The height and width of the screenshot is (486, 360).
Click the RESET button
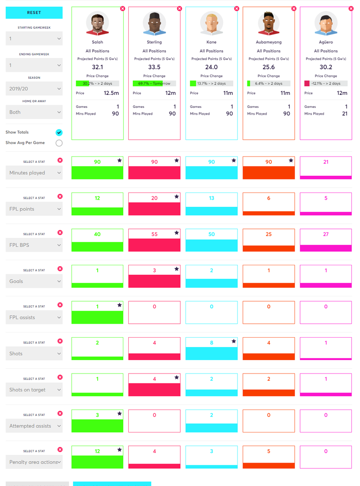pos(34,13)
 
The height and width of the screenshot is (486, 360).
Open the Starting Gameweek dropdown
pos(34,38)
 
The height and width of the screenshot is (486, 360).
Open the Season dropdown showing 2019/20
pos(34,89)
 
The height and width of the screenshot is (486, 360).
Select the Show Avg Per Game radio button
pos(59,143)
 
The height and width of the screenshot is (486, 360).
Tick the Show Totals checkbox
pos(59,133)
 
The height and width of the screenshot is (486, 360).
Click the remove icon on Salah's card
pos(122,9)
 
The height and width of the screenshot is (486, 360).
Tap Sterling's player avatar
pos(154,23)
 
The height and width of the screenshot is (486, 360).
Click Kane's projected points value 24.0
pos(211,67)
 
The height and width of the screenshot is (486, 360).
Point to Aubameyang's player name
pos(269,42)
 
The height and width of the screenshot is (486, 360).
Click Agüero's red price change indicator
pos(307,83)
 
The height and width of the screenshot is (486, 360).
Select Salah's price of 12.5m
pos(111,93)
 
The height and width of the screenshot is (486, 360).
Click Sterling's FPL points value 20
pos(154,198)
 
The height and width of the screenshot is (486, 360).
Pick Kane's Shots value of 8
pos(211,343)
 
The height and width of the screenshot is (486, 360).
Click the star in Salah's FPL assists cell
pos(120,305)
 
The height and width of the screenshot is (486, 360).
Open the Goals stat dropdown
pos(34,281)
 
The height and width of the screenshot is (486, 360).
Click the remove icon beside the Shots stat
pos(60,341)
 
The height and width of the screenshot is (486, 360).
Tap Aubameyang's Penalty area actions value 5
pos(269,451)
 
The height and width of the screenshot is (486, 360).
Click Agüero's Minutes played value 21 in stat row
pos(326,162)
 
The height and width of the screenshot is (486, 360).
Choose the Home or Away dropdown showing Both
pos(34,112)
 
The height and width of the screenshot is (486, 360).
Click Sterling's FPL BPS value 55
pos(154,234)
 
